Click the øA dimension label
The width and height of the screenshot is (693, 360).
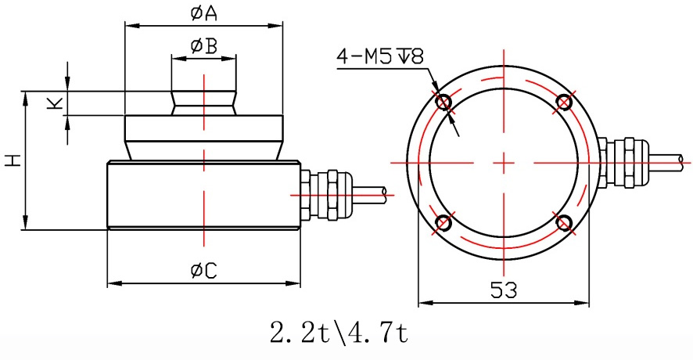point(203,13)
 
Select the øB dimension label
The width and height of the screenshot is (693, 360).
point(203,46)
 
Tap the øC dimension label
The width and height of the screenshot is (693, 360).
point(203,271)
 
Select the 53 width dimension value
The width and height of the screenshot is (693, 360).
point(504,290)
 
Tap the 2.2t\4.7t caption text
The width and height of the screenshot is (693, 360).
point(339,333)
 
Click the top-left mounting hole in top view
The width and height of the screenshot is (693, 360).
point(444,102)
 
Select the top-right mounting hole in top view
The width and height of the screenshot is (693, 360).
point(564,102)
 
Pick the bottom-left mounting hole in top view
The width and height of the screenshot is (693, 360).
point(444,222)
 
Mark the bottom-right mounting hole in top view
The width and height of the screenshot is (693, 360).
point(564,222)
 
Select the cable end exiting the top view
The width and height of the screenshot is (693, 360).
point(685,161)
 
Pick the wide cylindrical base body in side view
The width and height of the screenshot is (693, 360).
point(203,196)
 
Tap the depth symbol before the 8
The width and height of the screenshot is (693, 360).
point(405,56)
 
